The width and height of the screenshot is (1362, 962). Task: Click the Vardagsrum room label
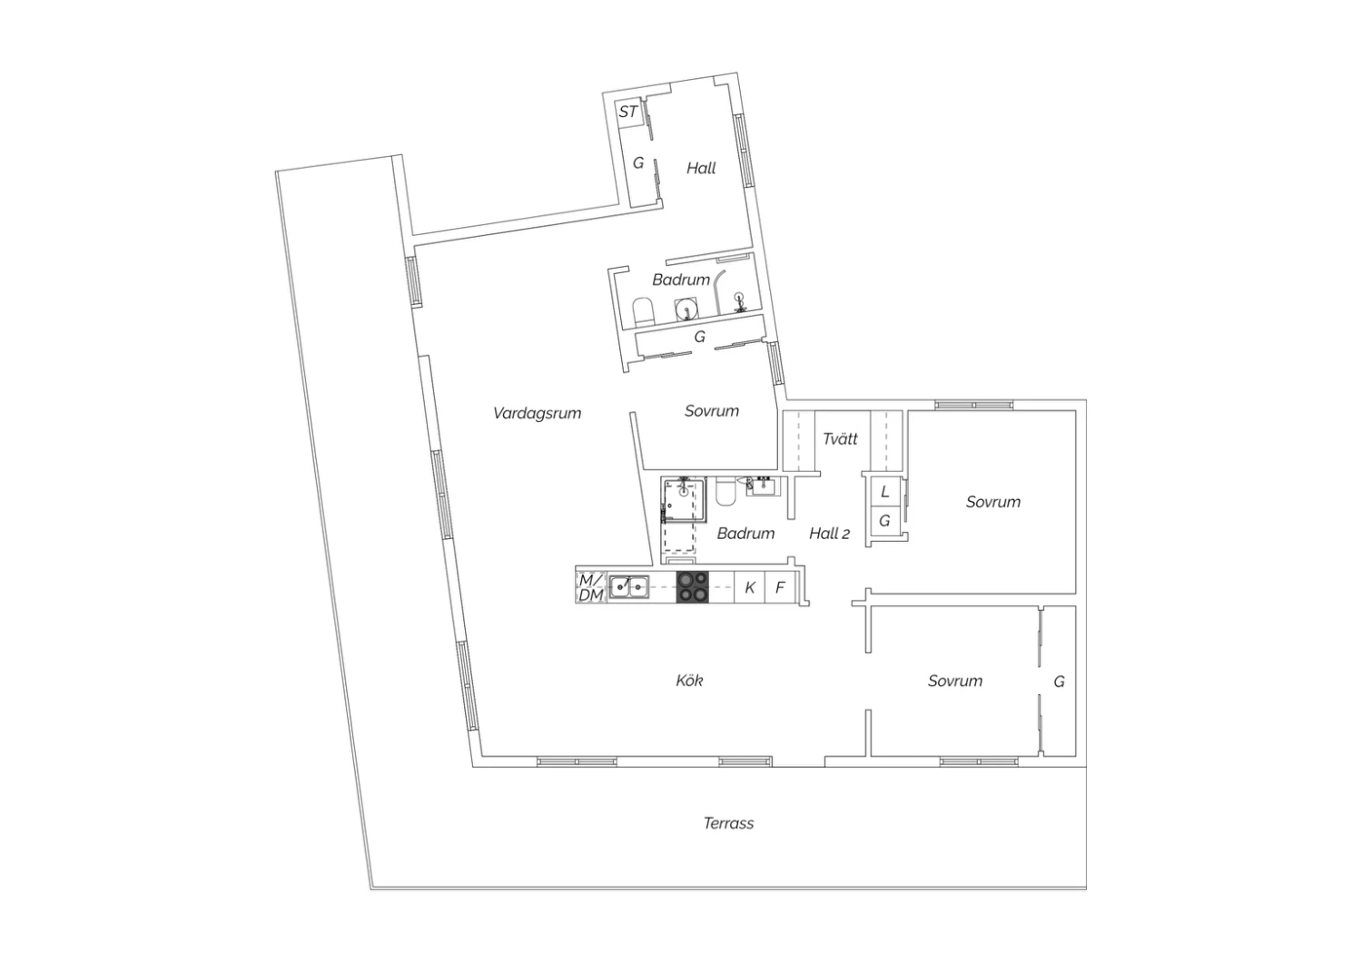click(537, 414)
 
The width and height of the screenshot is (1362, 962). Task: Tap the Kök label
click(689, 680)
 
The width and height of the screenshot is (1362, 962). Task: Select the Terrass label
click(728, 823)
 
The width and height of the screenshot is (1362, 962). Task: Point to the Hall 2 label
click(829, 534)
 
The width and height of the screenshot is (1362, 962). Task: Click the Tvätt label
click(840, 438)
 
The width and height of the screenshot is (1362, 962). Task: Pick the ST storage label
click(628, 112)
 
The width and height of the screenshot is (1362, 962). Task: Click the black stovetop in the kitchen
click(693, 587)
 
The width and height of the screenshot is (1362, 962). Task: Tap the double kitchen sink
click(629, 587)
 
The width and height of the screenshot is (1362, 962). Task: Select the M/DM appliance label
click(591, 588)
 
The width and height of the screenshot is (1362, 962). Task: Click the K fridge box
click(750, 587)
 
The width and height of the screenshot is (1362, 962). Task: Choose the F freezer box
click(780, 587)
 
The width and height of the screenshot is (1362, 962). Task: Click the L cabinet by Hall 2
click(885, 492)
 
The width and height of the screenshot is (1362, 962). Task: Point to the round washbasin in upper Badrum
click(686, 309)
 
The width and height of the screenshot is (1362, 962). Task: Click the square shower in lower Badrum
click(685, 501)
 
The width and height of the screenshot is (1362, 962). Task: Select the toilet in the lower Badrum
click(725, 492)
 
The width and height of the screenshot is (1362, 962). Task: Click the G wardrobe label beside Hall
click(638, 162)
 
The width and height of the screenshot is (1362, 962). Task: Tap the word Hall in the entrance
click(701, 168)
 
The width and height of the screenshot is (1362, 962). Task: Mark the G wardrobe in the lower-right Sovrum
click(1060, 682)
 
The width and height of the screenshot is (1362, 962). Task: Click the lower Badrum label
click(745, 534)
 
